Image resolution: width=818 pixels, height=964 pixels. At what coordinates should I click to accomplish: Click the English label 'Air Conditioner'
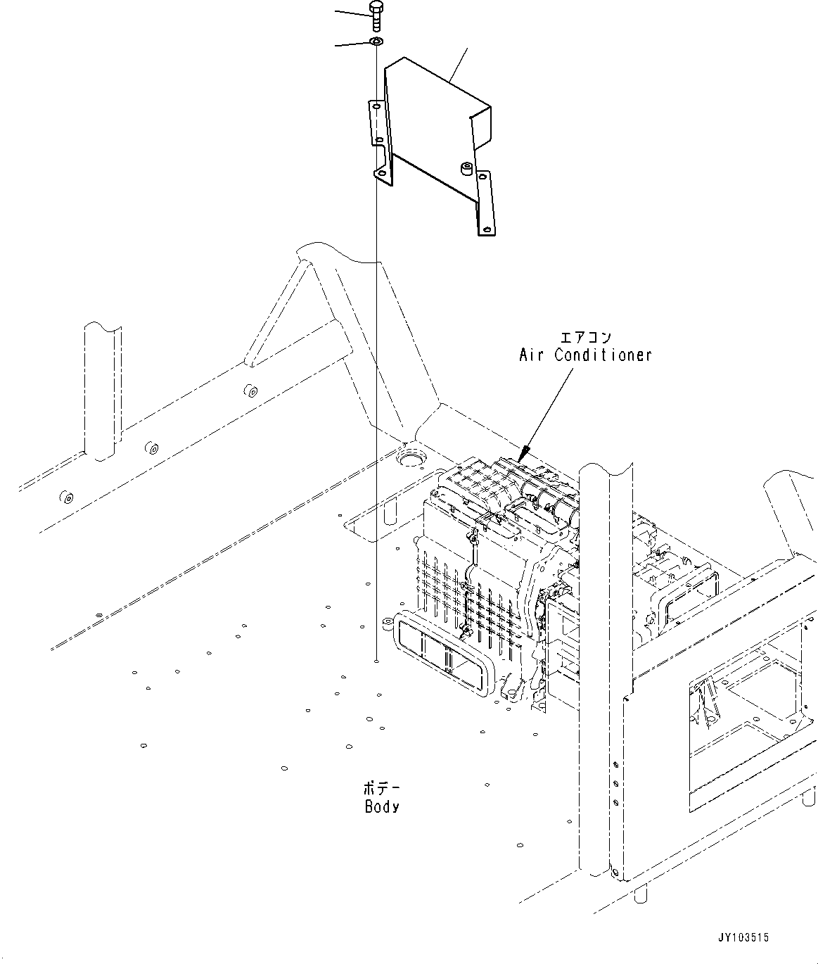[x=585, y=355]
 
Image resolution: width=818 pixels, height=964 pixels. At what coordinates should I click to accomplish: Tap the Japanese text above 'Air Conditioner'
[x=584, y=337]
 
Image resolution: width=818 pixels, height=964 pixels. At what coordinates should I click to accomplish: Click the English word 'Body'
[x=382, y=807]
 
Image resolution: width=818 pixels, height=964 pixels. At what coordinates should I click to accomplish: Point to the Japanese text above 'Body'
[x=381, y=787]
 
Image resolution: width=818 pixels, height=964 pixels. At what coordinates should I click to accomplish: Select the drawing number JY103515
[x=743, y=938]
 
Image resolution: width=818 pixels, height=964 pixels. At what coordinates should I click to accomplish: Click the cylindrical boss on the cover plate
[x=465, y=169]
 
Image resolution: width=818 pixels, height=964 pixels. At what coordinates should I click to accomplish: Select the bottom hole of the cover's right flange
[x=486, y=229]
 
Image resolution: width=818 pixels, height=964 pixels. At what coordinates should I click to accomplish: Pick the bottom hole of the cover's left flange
[x=381, y=172]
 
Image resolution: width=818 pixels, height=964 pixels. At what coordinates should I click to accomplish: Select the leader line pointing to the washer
[x=351, y=44]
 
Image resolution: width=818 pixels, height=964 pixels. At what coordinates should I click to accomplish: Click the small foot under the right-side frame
[x=639, y=895]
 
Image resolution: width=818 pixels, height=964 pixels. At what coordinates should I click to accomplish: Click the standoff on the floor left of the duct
[x=386, y=623]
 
